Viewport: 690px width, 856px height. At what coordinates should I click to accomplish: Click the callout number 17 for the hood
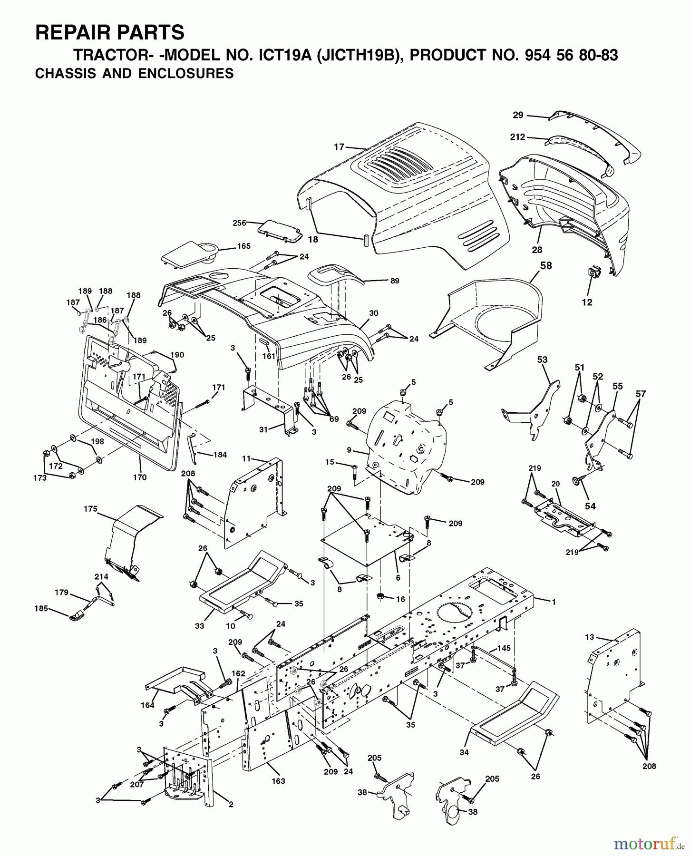pos(338,147)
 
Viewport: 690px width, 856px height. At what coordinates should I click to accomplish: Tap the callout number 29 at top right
pos(518,115)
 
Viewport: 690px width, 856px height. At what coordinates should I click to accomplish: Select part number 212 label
pos(517,137)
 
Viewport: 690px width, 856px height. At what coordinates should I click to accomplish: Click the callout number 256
pos(240,223)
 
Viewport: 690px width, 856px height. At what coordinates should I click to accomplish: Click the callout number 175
pos(90,509)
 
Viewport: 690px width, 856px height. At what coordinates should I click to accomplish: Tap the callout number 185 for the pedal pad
pos(41,608)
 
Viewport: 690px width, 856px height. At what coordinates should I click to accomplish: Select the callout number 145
pos(504,648)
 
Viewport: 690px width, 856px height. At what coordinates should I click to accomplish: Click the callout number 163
pos(278,781)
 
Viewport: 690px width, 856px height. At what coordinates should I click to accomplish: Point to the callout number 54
pos(590,506)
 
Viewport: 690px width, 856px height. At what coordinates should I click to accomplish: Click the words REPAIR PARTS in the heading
pos(110,33)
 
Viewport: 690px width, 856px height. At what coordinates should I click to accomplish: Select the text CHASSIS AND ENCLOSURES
pos(134,74)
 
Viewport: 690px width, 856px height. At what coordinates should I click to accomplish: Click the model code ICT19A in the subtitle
pos(283,55)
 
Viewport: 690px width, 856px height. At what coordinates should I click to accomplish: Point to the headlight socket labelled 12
pos(593,273)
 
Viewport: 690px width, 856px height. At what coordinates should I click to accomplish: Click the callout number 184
pos(220,455)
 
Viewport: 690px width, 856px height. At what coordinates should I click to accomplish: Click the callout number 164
pos(147,705)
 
